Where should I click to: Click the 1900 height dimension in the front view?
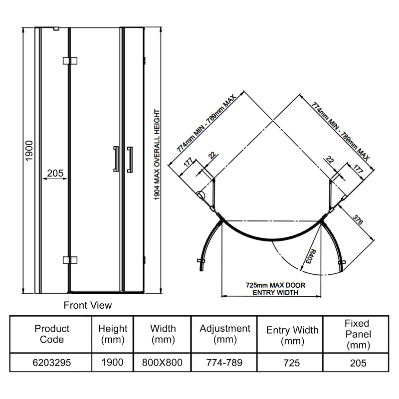29,150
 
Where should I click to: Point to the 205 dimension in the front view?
54,173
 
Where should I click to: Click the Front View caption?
88,305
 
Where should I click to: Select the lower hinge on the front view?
70,259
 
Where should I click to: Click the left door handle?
116,159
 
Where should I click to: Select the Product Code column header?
52,334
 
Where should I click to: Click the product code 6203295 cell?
52,363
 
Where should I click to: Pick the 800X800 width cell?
163,363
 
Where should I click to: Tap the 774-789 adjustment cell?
225,363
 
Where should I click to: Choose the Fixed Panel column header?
357,334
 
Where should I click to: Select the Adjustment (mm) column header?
225,334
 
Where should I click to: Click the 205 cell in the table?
357,363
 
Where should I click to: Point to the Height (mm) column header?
113,334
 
